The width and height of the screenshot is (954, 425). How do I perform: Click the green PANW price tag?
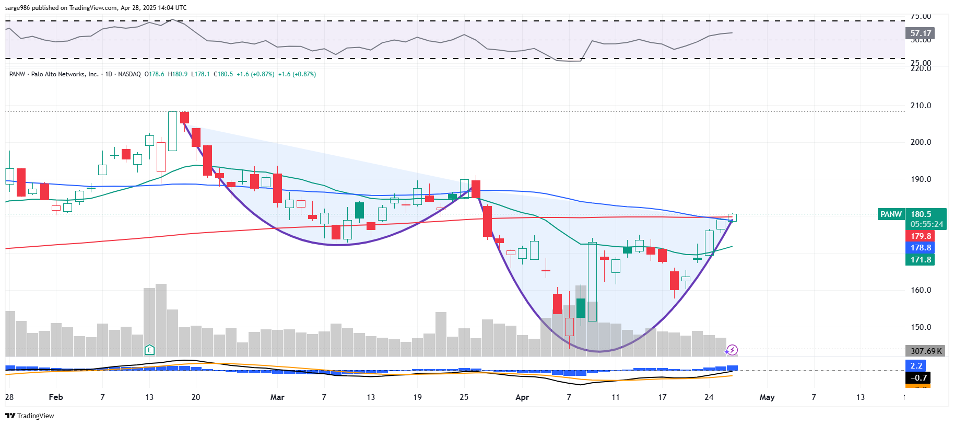(x=891, y=214)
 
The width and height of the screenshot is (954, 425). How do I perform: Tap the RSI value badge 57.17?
(x=920, y=33)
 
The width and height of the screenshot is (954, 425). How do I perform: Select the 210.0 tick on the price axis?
(x=921, y=106)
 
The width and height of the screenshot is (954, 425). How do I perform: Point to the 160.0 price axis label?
(x=921, y=290)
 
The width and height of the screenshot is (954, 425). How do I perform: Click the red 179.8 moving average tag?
(x=920, y=236)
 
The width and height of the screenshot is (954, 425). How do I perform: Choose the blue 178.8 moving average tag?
(x=920, y=248)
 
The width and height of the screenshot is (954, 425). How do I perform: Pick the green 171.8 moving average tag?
(x=920, y=260)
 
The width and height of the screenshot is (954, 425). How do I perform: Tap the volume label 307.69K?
(x=926, y=351)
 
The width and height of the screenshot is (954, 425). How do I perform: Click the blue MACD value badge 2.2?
(x=916, y=366)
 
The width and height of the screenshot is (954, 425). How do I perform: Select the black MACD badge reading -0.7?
(x=918, y=377)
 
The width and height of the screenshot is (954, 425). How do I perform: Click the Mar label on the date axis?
(x=277, y=397)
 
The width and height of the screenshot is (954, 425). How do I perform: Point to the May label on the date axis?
(x=767, y=397)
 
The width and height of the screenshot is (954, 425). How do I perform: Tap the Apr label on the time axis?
(x=522, y=397)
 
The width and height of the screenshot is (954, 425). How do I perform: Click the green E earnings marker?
(x=149, y=350)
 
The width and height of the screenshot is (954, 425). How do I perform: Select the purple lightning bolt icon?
(x=732, y=350)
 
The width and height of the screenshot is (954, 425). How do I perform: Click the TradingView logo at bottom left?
(x=30, y=416)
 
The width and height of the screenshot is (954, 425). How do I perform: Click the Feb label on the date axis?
(x=56, y=397)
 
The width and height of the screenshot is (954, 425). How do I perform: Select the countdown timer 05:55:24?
(x=926, y=224)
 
